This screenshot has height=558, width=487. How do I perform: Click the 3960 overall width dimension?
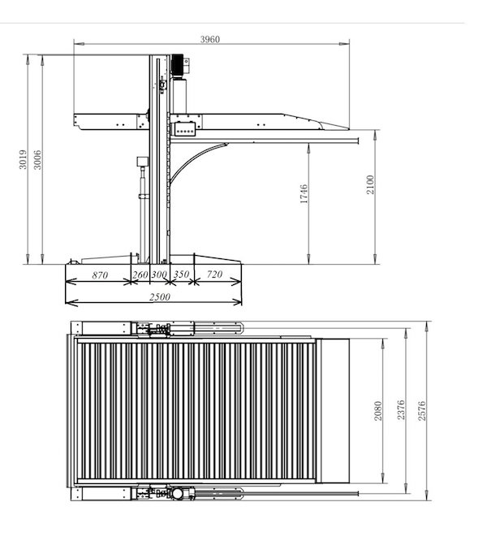point(210,39)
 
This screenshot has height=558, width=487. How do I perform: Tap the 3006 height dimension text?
point(37,162)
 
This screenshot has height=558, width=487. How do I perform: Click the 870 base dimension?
point(99,275)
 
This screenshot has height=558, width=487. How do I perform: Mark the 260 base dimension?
point(140,275)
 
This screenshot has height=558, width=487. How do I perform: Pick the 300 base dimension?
point(159,275)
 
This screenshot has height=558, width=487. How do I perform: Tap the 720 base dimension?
point(214,275)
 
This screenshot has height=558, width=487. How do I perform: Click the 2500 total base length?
point(159,297)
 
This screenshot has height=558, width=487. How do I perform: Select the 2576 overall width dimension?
point(420,414)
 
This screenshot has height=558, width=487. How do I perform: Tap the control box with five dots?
point(183,128)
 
